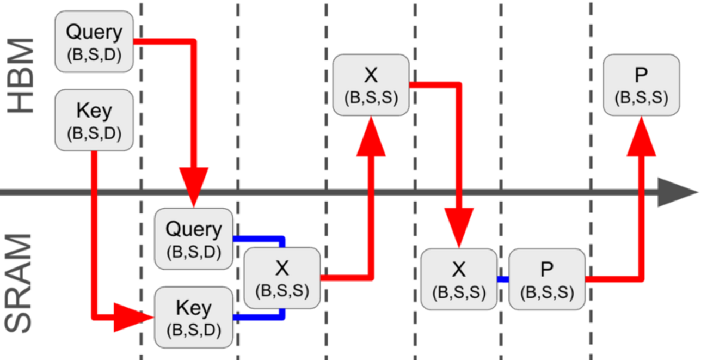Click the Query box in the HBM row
point(94,41)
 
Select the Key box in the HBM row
point(94,120)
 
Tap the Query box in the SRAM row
point(194,238)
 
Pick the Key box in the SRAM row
point(194,317)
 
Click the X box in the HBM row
point(371,84)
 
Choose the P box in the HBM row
point(641,84)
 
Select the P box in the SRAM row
point(546,278)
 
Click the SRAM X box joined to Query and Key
point(282,278)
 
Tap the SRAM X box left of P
point(459,278)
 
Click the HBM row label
point(22,76)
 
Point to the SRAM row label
point(22,283)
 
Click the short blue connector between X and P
point(503,279)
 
